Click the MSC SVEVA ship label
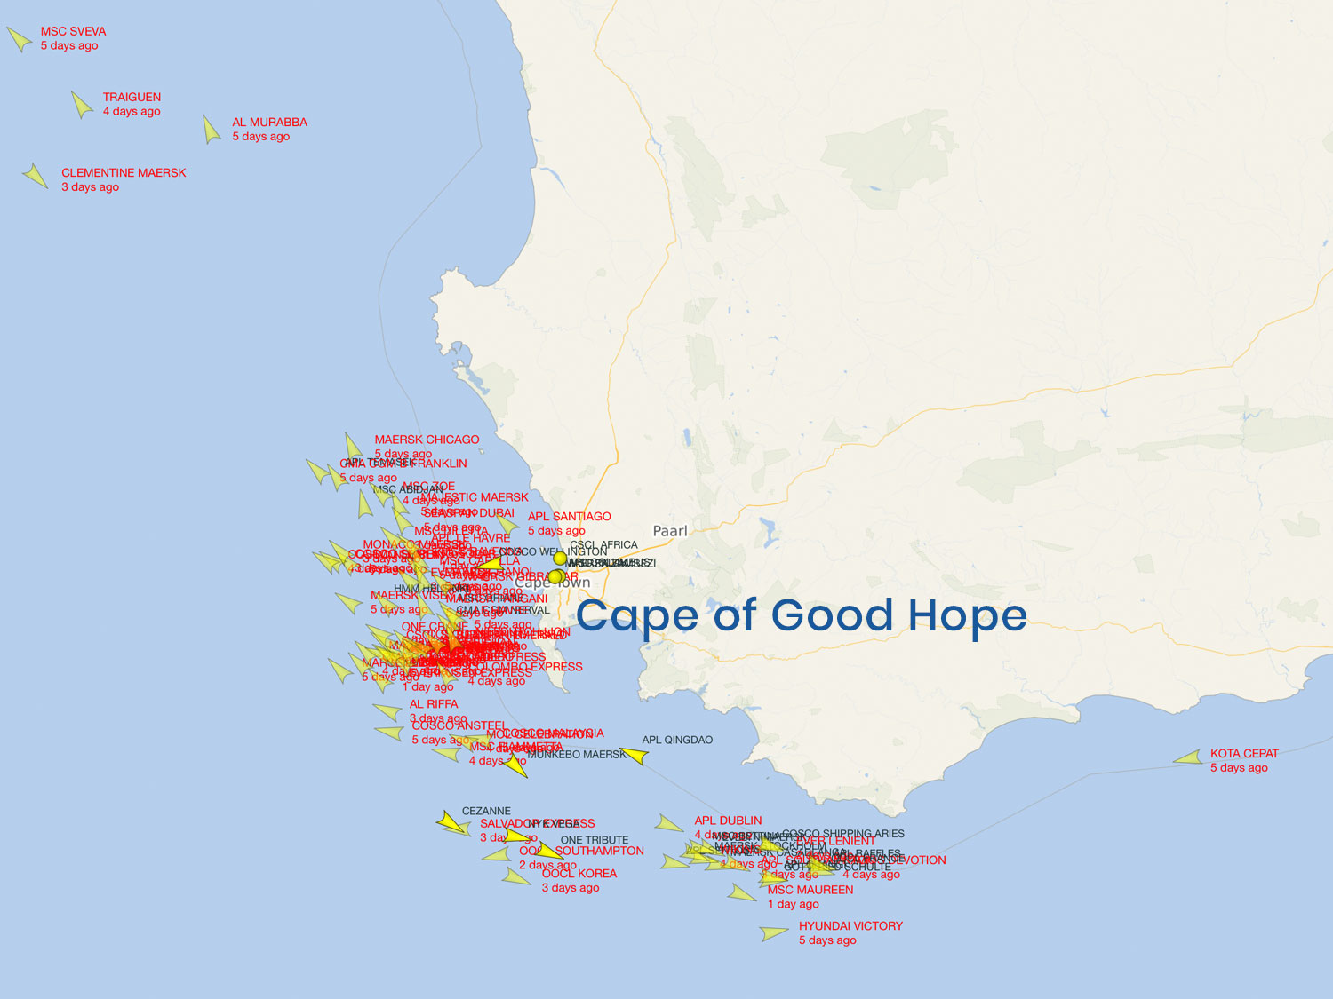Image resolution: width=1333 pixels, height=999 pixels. click(73, 31)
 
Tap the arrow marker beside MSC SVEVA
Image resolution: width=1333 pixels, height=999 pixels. click(19, 39)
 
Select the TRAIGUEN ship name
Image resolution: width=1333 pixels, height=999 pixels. click(132, 97)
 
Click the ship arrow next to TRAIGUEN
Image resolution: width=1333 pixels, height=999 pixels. click(82, 105)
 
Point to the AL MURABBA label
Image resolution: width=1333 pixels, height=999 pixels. click(269, 123)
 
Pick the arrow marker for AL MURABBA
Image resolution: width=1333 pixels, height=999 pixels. click(212, 130)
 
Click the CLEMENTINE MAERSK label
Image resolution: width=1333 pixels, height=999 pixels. click(124, 173)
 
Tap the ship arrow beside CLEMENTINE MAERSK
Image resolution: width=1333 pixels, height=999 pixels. click(36, 176)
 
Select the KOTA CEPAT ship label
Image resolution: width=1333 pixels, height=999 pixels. click(1244, 754)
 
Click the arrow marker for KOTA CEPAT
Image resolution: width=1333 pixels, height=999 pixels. click(1188, 758)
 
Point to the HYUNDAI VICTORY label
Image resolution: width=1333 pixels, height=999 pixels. click(850, 926)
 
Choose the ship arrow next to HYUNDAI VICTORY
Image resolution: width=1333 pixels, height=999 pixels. click(774, 933)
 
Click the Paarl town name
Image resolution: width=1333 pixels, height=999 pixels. click(670, 531)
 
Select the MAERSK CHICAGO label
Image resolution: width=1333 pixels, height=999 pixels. click(427, 440)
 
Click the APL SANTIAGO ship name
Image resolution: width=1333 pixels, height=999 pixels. click(570, 517)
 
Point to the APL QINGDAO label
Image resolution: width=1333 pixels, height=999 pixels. click(677, 740)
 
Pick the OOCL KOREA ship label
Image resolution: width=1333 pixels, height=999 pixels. click(579, 874)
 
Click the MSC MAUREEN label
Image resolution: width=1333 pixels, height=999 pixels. click(810, 890)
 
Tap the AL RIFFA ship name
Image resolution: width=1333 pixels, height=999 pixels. click(434, 704)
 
